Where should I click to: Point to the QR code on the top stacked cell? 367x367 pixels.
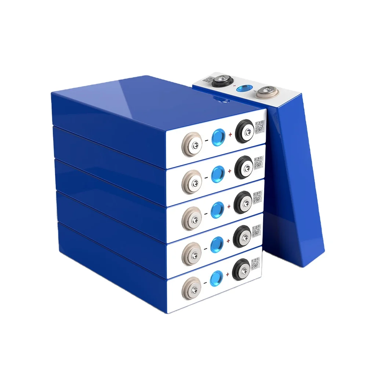coord(259,126)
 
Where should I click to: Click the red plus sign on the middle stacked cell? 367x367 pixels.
coord(229,206)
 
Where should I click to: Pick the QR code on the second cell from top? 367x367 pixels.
coord(259,162)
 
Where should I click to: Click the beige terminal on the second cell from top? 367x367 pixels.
coord(191,179)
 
